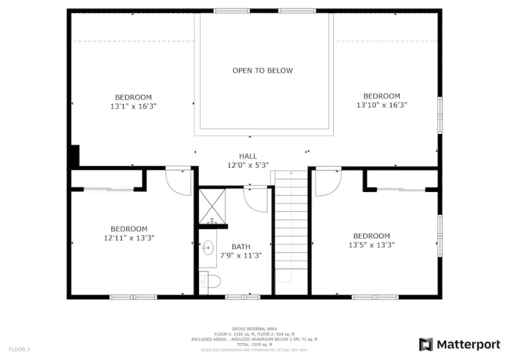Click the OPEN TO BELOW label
(263, 71)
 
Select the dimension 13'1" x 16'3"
(133, 106)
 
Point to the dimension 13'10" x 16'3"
(381, 105)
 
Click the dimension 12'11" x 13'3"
(129, 238)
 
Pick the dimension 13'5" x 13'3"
(371, 245)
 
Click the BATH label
(241, 247)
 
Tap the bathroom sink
(208, 247)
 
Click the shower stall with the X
(212, 206)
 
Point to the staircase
(291, 228)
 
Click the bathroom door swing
(256, 199)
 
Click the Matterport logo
(460, 344)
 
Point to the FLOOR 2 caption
(19, 349)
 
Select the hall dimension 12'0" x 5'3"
(248, 165)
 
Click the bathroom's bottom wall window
(243, 296)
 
